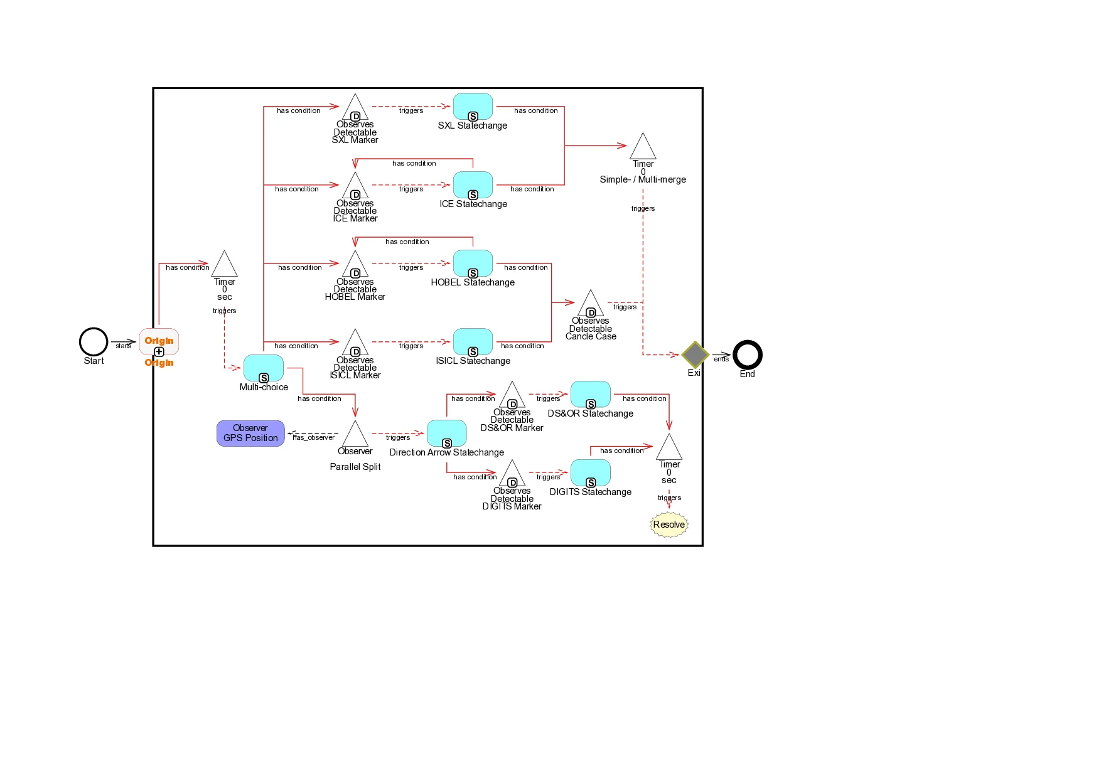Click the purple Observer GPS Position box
point(250,433)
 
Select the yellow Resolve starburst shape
point(669,525)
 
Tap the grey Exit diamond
point(695,355)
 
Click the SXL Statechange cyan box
point(473,106)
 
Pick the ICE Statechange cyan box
point(473,184)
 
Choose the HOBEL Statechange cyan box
point(473,263)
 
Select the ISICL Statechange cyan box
point(473,341)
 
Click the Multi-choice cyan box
point(263,368)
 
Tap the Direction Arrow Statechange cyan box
point(446,433)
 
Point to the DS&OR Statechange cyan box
point(590,394)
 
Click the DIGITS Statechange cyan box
point(590,472)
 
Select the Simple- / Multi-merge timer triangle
point(643,148)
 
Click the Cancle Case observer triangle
point(590,304)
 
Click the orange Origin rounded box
point(159,341)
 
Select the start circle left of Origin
point(94,343)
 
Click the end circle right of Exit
point(748,355)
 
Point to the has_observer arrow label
point(314,437)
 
